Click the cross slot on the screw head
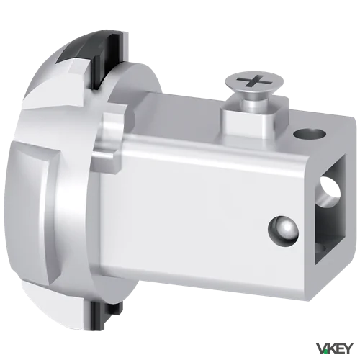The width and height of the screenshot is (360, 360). (254, 81)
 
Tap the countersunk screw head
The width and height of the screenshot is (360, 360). (254, 83)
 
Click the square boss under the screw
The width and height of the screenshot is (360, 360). (254, 120)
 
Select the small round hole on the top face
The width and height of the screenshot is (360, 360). (310, 134)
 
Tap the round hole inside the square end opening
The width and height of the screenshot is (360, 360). (330, 190)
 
